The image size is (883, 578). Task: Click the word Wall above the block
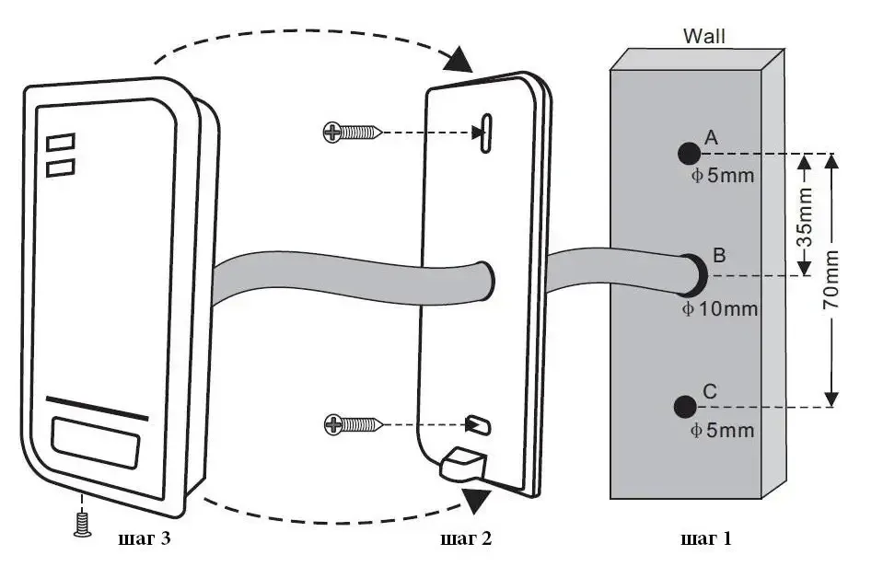(x=703, y=37)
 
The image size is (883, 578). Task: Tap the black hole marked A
(x=686, y=152)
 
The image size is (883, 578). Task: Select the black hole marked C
(x=684, y=405)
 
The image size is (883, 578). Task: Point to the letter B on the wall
(x=721, y=254)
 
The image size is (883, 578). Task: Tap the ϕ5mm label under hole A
(x=723, y=175)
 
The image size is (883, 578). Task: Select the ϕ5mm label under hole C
(x=723, y=430)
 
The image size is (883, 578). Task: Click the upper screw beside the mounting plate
(x=351, y=133)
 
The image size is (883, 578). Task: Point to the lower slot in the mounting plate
(x=480, y=423)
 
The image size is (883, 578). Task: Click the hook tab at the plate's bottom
(x=463, y=464)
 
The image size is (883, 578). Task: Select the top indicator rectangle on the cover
(x=61, y=143)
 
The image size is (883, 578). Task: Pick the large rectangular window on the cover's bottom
(x=96, y=443)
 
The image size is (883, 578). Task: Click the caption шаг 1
(x=705, y=538)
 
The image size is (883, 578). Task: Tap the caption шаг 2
(x=466, y=538)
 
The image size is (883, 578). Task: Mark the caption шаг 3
(x=145, y=538)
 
